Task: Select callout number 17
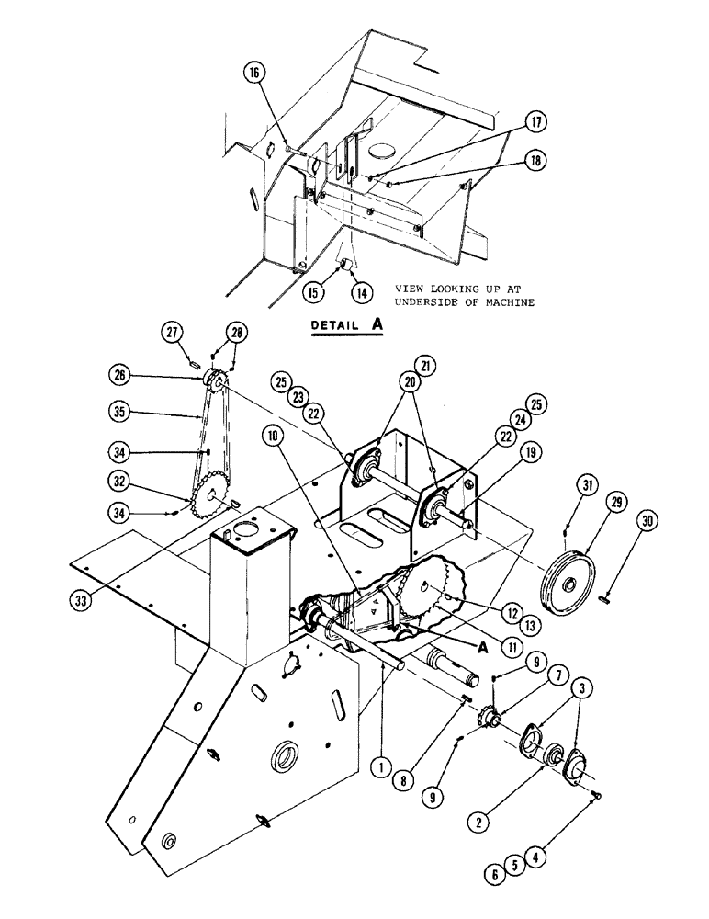(535, 122)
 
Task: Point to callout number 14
(362, 293)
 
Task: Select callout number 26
(147, 376)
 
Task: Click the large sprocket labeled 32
(212, 497)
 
